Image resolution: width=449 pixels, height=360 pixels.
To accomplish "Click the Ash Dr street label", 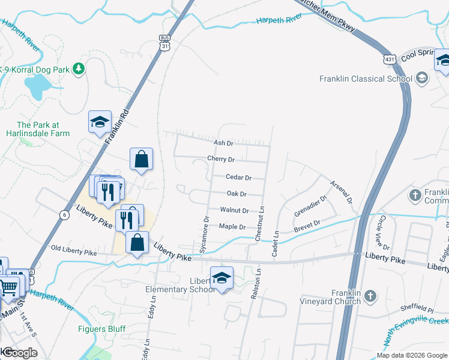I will pyautogui.click(x=223, y=143).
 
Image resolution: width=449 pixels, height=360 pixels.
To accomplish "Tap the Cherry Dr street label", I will pyautogui.click(x=220, y=160).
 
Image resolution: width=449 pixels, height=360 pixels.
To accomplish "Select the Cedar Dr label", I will pyautogui.click(x=238, y=178).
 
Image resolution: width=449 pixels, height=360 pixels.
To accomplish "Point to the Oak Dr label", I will pyautogui.click(x=237, y=194).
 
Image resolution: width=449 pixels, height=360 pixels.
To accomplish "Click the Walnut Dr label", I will pyautogui.click(x=234, y=211).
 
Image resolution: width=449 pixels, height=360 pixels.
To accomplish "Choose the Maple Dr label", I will pyautogui.click(x=232, y=227).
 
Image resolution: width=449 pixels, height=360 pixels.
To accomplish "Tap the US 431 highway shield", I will pyautogui.click(x=389, y=58).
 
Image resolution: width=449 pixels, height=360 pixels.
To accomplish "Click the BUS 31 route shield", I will pyautogui.click(x=165, y=43).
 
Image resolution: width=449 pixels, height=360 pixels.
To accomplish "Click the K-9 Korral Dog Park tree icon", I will pyautogui.click(x=78, y=69).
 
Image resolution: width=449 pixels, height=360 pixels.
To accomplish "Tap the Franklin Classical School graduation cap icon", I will pyautogui.click(x=421, y=78).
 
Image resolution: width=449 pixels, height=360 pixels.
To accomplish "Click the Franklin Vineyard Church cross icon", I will pyautogui.click(x=370, y=295).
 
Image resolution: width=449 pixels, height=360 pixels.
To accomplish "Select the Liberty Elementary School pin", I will pyautogui.click(x=221, y=278).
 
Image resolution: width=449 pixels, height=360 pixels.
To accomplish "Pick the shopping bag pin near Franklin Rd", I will pyautogui.click(x=141, y=160).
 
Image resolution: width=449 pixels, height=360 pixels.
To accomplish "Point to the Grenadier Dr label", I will pyautogui.click(x=310, y=206).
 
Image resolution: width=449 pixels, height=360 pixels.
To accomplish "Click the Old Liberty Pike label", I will pyautogui.click(x=73, y=248).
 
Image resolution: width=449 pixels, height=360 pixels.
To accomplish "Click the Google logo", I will pyautogui.click(x=20, y=353).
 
